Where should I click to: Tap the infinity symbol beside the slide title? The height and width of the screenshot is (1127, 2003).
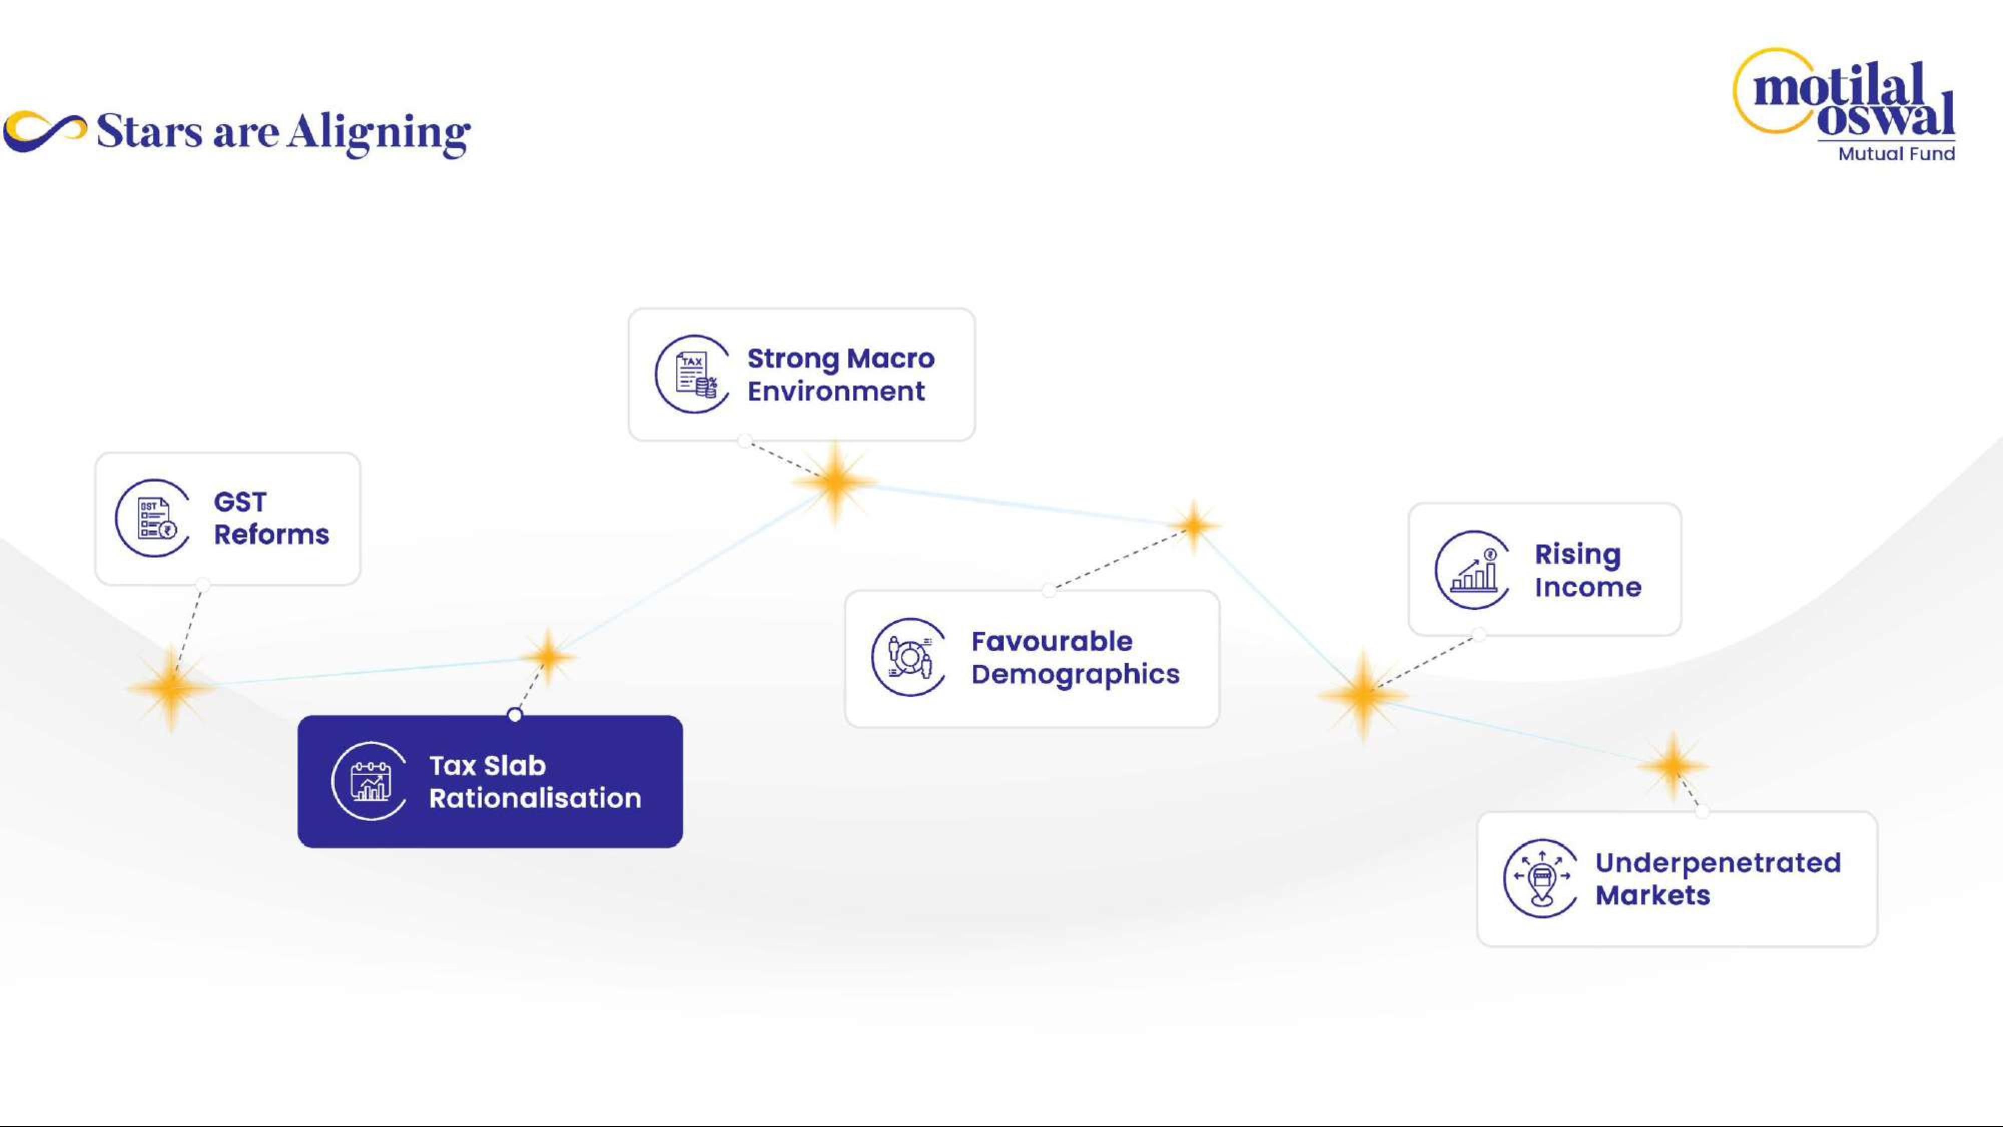45,131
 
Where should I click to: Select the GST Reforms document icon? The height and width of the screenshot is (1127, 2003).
153,518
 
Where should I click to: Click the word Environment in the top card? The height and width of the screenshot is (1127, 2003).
836,391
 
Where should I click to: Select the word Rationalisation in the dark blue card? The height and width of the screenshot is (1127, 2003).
535,798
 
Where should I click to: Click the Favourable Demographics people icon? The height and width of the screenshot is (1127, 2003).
909,657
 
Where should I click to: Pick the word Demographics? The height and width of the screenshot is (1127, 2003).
1076,674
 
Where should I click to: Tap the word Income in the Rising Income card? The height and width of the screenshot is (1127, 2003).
1588,587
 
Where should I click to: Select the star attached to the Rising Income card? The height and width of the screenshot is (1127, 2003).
1362,695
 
